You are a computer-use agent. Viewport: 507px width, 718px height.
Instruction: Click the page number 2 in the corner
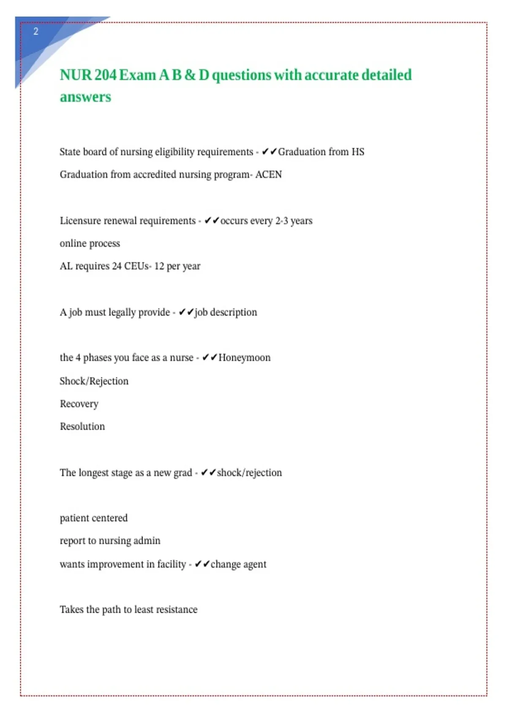tap(36, 32)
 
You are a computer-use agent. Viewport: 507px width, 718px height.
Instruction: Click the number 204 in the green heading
tap(106, 75)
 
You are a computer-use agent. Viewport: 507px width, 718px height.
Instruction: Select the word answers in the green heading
tap(85, 97)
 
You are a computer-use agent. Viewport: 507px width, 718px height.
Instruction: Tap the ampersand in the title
tap(190, 75)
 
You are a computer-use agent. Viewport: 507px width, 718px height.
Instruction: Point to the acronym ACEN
tap(268, 174)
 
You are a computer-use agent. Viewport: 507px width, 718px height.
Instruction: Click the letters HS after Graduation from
tap(358, 152)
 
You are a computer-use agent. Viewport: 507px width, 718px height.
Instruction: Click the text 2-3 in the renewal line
tap(281, 221)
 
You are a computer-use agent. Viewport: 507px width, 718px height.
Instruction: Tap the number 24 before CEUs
tap(117, 266)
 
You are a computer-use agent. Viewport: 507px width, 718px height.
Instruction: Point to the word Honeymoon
tap(244, 358)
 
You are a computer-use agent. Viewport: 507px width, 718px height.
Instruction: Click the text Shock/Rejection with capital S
tap(94, 381)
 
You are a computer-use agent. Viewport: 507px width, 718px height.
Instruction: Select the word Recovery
tap(79, 404)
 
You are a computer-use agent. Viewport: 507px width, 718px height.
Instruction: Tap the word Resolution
tap(82, 427)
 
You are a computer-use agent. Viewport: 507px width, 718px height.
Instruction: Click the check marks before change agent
tap(202, 564)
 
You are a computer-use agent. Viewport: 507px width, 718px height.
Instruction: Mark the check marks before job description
tap(186, 313)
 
